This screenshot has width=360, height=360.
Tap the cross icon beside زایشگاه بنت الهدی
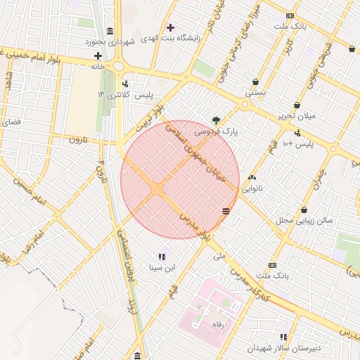coord(170,27)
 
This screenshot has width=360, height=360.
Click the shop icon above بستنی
coord(255,82)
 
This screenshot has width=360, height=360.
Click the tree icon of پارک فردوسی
coord(217,120)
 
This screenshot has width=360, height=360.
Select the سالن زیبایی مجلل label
coord(303,220)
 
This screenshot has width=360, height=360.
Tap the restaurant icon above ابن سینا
coord(162,257)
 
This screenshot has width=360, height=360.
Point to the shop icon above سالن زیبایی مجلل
coord(304,210)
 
